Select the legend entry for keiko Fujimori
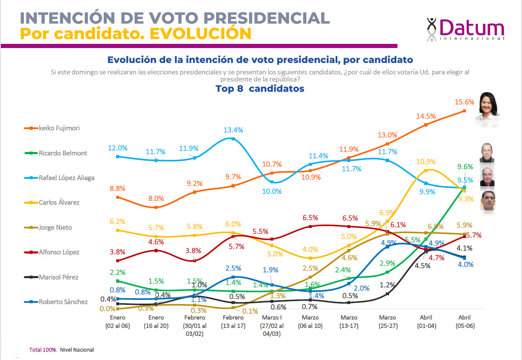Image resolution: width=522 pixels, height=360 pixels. coord(59,128)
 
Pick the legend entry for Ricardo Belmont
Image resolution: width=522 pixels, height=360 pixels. coord(63,153)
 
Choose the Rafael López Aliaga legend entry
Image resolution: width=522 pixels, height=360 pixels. coord(66,177)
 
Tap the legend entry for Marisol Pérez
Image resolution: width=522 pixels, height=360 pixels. coord(58,277)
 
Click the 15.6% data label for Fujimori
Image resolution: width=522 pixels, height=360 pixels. coord(465,102)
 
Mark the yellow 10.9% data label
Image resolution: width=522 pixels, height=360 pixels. coord(426,162)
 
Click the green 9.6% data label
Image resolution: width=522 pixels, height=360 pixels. coord(465,167)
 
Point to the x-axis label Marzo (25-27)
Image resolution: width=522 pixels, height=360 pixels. coord(387,322)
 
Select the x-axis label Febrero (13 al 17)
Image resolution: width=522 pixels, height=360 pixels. coord(233,322)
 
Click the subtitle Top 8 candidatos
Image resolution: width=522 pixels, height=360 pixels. coord(260,89)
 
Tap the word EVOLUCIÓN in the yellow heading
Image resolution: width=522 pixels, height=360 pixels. coord(200,33)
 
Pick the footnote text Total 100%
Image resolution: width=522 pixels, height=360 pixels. coord(43,350)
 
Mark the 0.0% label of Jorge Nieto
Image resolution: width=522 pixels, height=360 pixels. coord(107,309)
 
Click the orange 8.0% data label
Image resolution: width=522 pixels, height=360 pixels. coord(156,198)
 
